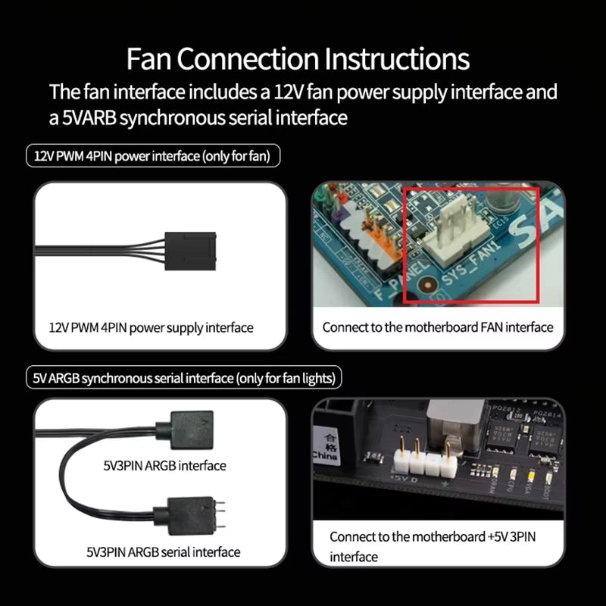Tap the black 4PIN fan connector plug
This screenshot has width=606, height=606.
coord(195,248)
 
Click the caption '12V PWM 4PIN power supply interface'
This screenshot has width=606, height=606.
coord(150,328)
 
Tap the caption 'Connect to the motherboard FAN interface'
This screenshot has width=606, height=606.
coord(438,328)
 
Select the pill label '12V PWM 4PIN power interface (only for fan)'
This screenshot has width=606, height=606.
coord(152,157)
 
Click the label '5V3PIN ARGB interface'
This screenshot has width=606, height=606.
coord(164,465)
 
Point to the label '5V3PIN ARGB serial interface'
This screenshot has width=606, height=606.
coord(163,552)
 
